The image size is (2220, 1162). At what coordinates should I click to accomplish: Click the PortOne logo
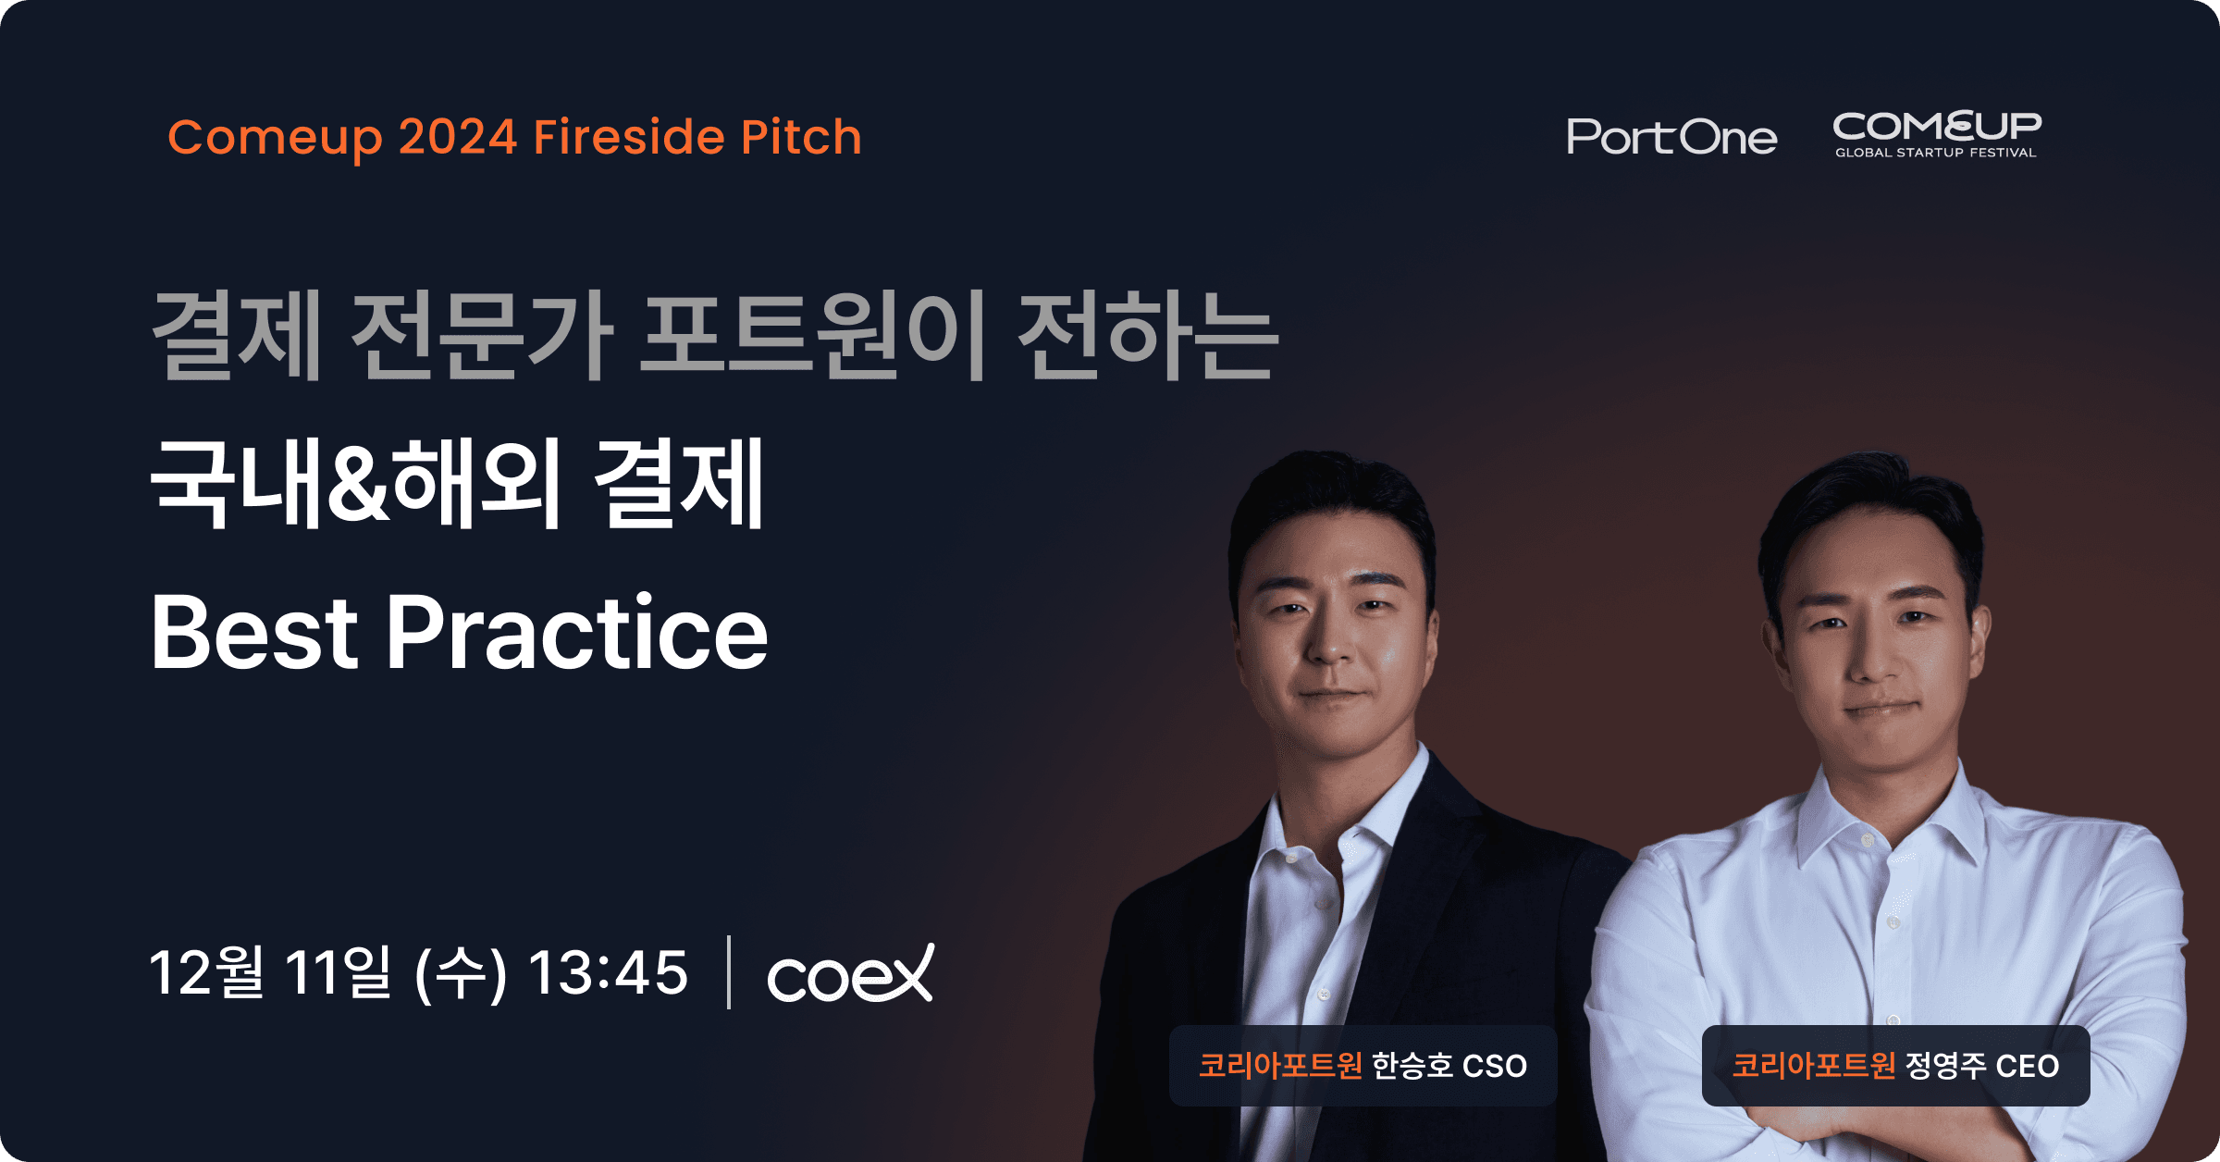(1671, 137)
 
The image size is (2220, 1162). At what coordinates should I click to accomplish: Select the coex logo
(850, 973)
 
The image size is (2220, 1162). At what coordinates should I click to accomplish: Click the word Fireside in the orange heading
(630, 137)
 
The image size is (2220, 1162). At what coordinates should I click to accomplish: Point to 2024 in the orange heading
(458, 137)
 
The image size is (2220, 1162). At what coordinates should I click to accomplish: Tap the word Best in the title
(254, 633)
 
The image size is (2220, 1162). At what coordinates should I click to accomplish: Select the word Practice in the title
(577, 633)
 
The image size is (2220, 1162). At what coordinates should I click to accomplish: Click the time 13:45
(608, 973)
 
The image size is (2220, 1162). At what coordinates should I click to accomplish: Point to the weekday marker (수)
(461, 974)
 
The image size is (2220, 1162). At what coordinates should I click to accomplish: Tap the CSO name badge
(1363, 1066)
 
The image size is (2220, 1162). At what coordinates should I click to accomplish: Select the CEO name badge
(1896, 1066)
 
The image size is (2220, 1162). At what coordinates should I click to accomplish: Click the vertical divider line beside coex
(729, 972)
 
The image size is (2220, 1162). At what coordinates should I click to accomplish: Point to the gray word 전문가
(482, 334)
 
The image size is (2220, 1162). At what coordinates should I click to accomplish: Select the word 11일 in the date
(339, 972)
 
